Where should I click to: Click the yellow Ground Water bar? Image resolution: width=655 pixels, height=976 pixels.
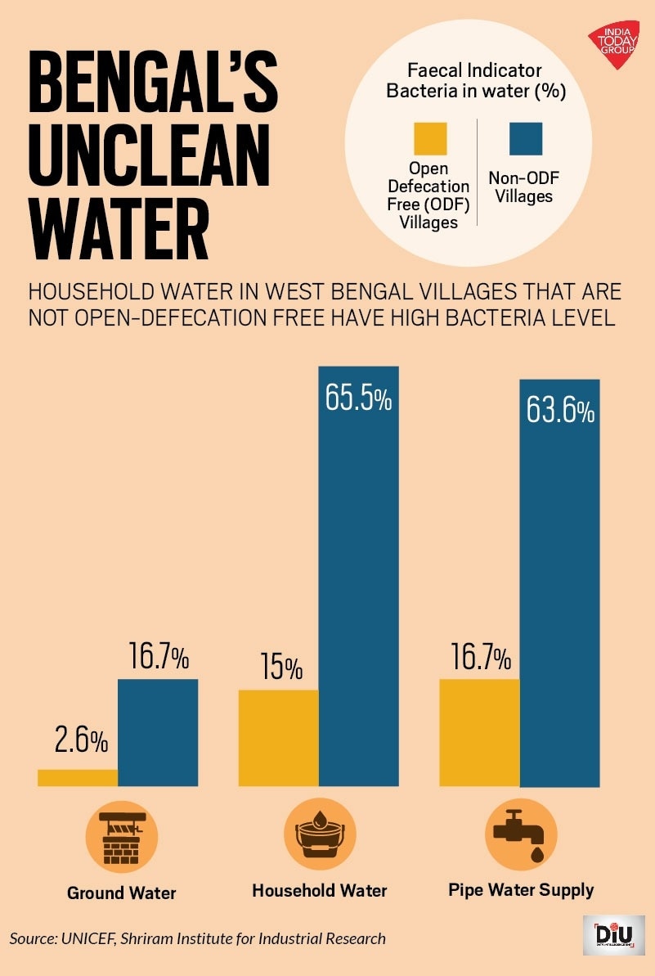(78, 777)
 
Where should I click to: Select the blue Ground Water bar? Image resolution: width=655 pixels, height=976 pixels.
(158, 732)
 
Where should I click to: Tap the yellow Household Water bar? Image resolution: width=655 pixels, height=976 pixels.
(278, 737)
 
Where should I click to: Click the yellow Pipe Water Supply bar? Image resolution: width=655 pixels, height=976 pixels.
(479, 732)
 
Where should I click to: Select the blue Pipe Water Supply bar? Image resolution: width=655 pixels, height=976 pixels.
(559, 582)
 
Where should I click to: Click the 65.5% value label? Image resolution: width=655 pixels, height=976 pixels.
(358, 402)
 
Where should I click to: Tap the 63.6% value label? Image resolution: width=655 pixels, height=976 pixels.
(559, 411)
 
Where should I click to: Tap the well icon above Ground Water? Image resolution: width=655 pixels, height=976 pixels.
(121, 836)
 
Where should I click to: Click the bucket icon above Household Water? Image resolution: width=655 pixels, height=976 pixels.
(319, 835)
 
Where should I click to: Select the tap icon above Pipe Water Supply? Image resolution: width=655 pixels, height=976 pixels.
(521, 834)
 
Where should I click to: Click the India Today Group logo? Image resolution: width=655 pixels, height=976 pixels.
(613, 45)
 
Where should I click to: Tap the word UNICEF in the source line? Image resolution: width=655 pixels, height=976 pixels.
(88, 938)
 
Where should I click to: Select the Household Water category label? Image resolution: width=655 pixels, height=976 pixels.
(319, 890)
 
